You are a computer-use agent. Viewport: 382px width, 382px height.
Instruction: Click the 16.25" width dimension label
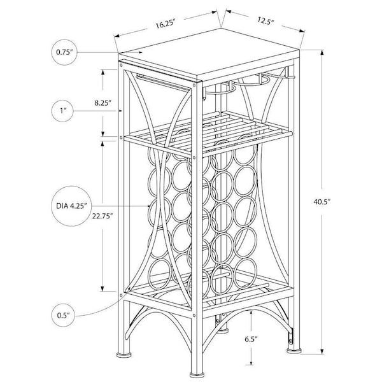pyautogui.click(x=166, y=24)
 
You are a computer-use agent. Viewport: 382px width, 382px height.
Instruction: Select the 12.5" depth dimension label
pyautogui.click(x=265, y=20)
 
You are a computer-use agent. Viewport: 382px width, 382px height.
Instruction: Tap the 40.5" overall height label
pyautogui.click(x=322, y=202)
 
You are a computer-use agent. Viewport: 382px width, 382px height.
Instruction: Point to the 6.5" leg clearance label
pyautogui.click(x=251, y=339)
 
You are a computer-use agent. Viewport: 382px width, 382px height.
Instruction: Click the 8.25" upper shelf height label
pyautogui.click(x=103, y=103)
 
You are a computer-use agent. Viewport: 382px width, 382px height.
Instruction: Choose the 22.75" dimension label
pyautogui.click(x=103, y=216)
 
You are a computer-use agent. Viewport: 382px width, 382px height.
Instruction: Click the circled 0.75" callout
pyautogui.click(x=64, y=52)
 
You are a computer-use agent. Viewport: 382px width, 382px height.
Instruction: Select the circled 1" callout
pyautogui.click(x=62, y=111)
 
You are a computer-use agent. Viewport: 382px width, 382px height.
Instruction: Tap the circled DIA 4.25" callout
pyautogui.click(x=71, y=206)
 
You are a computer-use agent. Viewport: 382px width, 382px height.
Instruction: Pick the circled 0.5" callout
pyautogui.click(x=63, y=316)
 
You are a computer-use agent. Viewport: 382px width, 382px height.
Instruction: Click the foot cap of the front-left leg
pyautogui.click(x=124, y=354)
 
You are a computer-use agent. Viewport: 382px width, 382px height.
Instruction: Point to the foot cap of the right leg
pyautogui.click(x=294, y=351)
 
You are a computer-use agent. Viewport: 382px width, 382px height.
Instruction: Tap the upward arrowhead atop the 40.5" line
pyautogui.click(x=322, y=53)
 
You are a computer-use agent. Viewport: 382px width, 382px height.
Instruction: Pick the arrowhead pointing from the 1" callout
pyautogui.click(x=120, y=111)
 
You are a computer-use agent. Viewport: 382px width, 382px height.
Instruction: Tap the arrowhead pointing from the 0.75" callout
pyautogui.click(x=140, y=52)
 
